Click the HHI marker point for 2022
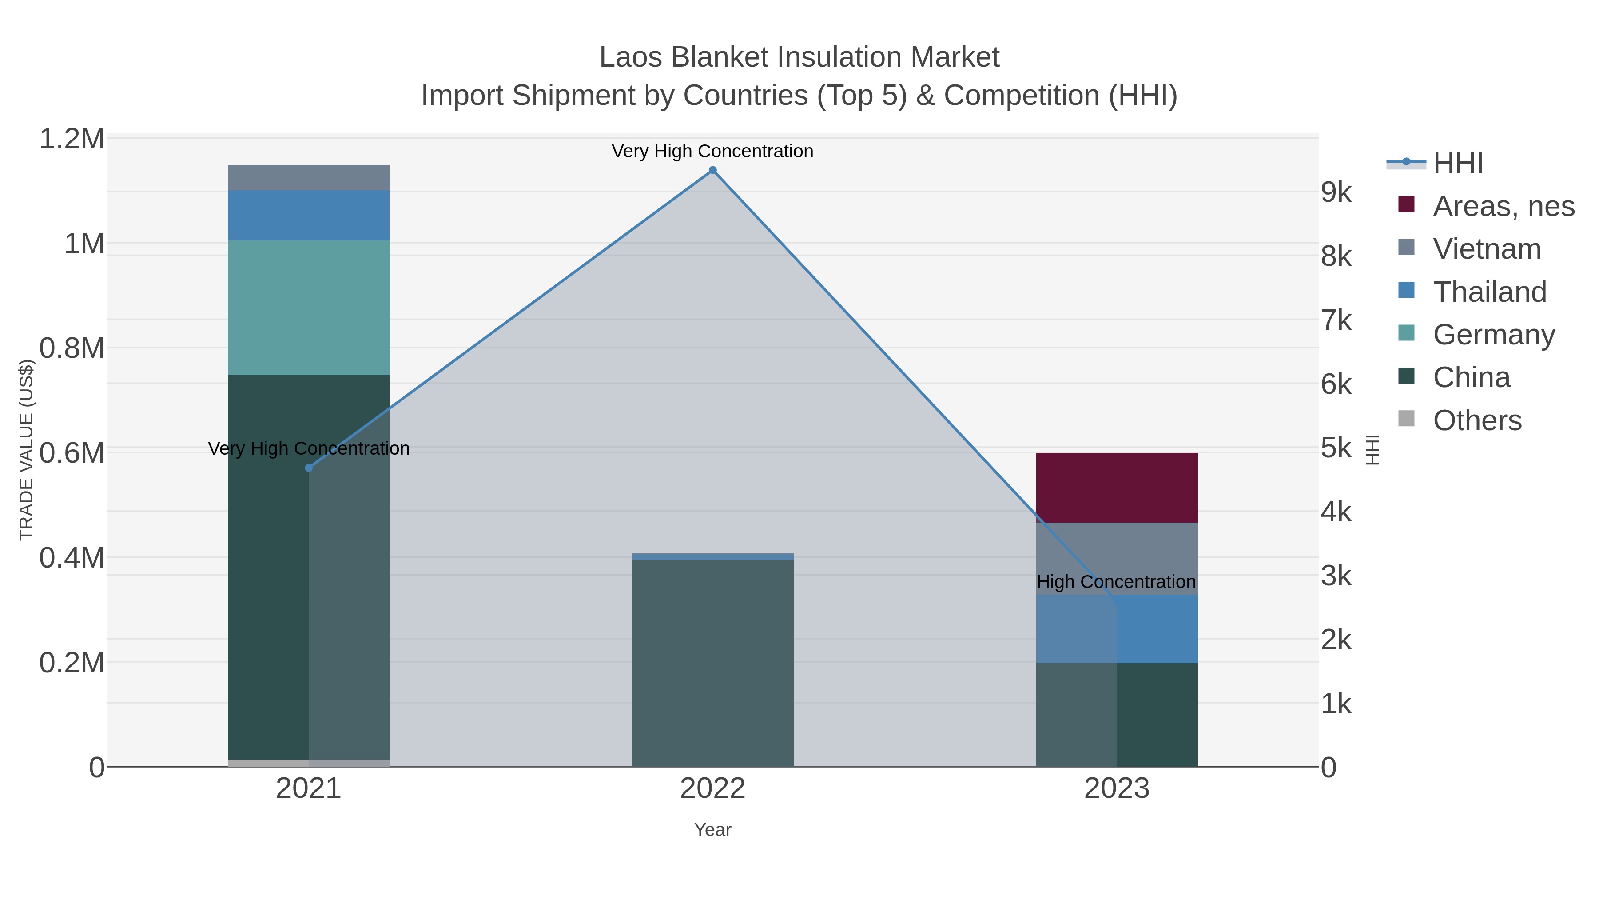coord(712,170)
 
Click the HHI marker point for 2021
coord(309,468)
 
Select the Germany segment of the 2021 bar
coord(309,308)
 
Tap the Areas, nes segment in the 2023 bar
coord(1117,488)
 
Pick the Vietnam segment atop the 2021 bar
coord(309,178)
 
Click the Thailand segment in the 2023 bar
coord(1154,628)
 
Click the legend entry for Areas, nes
coord(1503,206)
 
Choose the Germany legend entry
coord(1493,334)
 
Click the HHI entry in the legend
coord(1457,164)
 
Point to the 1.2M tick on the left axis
coord(72,139)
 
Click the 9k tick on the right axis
coord(1336,192)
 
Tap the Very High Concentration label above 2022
coord(712,151)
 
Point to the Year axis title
coord(712,830)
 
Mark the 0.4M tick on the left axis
coord(72,558)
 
